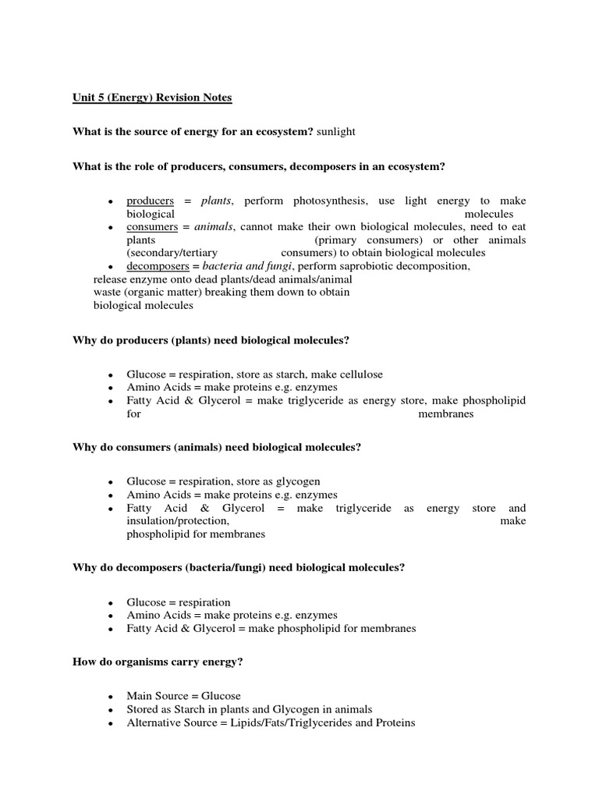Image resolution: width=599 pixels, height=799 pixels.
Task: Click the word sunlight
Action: pyautogui.click(x=335, y=132)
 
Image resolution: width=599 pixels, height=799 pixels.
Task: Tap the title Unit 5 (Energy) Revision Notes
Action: pyautogui.click(x=152, y=98)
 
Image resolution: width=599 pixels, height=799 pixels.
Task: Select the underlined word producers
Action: pyautogui.click(x=150, y=201)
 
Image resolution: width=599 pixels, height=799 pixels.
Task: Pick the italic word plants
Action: pyautogui.click(x=217, y=201)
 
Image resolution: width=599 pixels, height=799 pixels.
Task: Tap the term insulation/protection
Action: pyautogui.click(x=178, y=521)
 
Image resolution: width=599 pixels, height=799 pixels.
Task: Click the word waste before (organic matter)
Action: pyautogui.click(x=107, y=293)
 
